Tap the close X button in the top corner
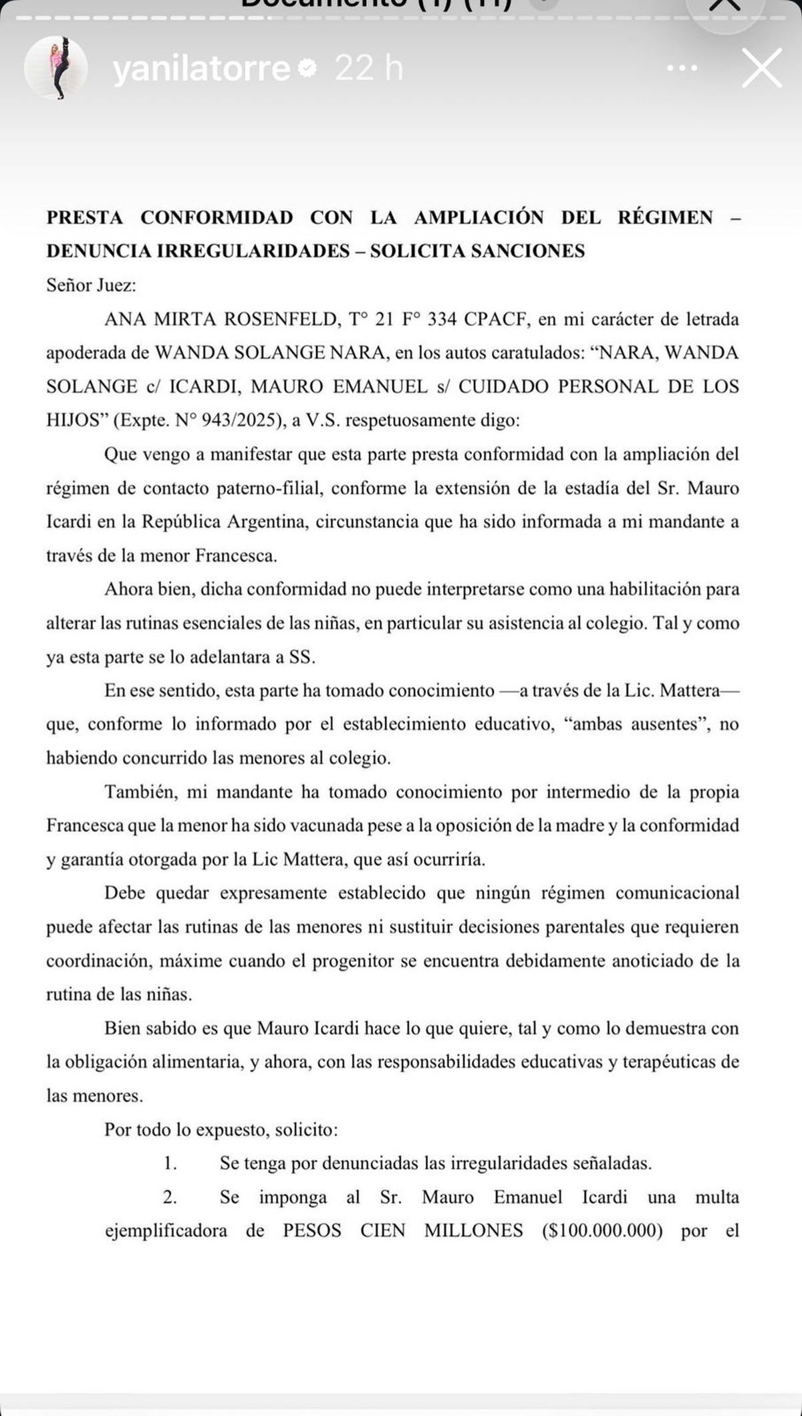pyautogui.click(x=761, y=68)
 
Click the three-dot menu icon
pyautogui.click(x=682, y=68)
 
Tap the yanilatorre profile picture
pyautogui.click(x=56, y=67)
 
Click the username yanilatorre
pyautogui.click(x=201, y=69)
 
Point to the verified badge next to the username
pyautogui.click(x=307, y=68)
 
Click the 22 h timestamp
pyautogui.click(x=369, y=69)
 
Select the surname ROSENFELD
pyautogui.click(x=281, y=319)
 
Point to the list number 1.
pyautogui.click(x=170, y=1163)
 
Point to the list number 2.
pyautogui.click(x=170, y=1197)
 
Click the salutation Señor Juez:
pyautogui.click(x=91, y=285)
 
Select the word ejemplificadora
pyautogui.click(x=166, y=1230)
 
